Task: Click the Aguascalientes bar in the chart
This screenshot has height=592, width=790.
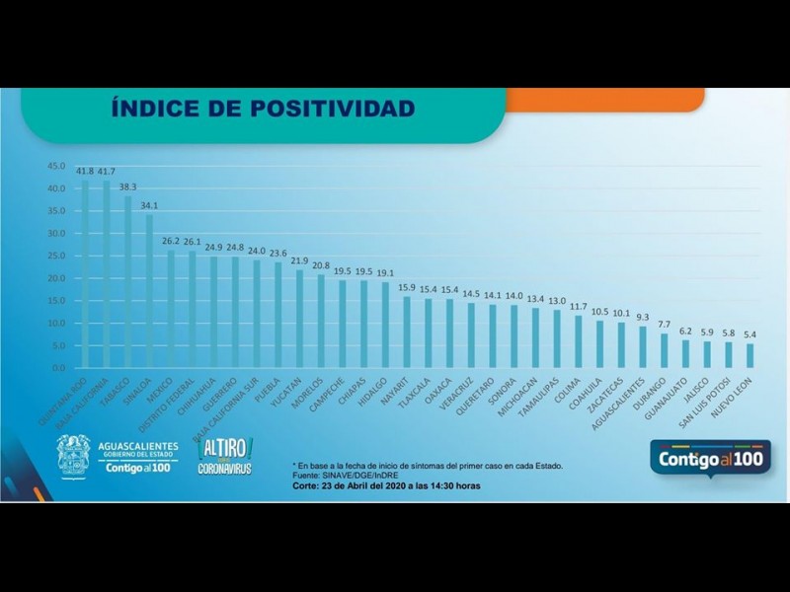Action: point(642,346)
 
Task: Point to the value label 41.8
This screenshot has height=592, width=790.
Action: point(85,170)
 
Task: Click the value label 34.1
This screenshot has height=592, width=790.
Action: point(149,205)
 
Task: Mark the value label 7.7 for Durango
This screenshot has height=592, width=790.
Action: point(664,324)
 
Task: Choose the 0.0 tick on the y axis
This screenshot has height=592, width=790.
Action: point(57,367)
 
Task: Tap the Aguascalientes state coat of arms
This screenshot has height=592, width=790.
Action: point(73,456)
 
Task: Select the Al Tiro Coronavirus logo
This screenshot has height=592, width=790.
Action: point(226,456)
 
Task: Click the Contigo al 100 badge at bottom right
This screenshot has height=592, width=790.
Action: point(710,459)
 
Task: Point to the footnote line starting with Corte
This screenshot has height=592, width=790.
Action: point(386,485)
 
